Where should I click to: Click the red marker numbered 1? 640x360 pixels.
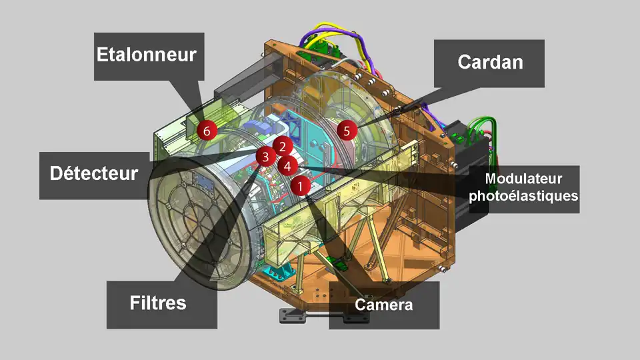pyautogui.click(x=301, y=186)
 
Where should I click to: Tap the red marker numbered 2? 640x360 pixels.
pyautogui.click(x=283, y=147)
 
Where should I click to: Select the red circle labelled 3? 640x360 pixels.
pyautogui.click(x=266, y=156)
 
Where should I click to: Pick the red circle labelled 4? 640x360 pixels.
pyautogui.click(x=287, y=166)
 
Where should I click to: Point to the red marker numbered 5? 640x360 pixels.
pyautogui.click(x=347, y=131)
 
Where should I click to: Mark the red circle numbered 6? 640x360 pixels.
pyautogui.click(x=207, y=131)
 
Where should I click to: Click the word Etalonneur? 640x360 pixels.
pyautogui.click(x=147, y=55)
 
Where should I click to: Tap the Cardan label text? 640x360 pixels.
pyautogui.click(x=490, y=62)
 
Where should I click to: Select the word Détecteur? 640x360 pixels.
pyautogui.click(x=94, y=173)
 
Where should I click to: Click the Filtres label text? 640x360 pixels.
pyautogui.click(x=158, y=303)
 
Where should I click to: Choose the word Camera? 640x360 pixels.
pyautogui.click(x=384, y=305)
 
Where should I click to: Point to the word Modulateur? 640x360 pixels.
pyautogui.click(x=524, y=179)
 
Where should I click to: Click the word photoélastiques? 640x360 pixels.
pyautogui.click(x=524, y=195)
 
